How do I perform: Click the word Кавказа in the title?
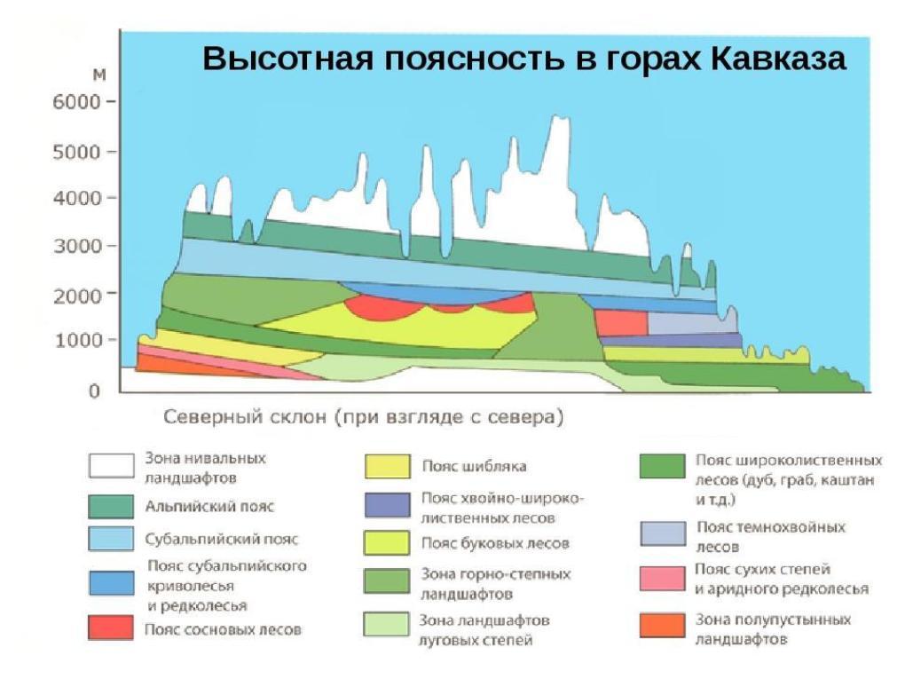(779, 59)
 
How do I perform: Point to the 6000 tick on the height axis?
(111, 101)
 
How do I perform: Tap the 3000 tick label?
(79, 246)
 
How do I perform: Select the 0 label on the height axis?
(93, 391)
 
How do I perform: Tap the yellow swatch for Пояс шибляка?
(387, 466)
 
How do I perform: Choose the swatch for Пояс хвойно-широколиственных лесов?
(387, 506)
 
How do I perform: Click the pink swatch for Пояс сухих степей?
(662, 578)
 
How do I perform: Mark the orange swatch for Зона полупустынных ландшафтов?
(662, 626)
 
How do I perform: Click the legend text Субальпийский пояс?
(221, 539)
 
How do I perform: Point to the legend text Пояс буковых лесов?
(495, 542)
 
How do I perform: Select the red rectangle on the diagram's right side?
(620, 322)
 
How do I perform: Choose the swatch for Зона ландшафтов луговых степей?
(387, 625)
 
